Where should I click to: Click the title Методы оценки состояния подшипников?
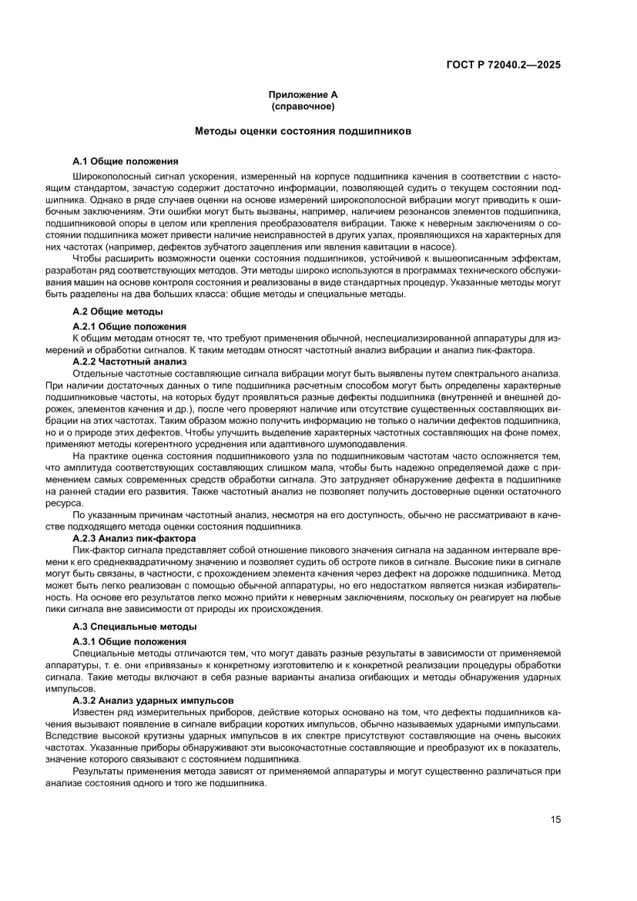[x=303, y=132]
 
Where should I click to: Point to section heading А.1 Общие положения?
[x=125, y=161]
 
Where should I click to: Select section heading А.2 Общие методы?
[x=117, y=311]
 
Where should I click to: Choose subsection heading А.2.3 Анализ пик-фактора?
[x=134, y=537]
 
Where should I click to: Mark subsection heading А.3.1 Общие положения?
[x=129, y=641]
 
